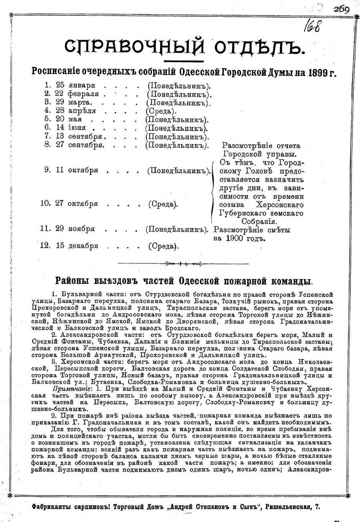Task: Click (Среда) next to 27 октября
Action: click(163, 203)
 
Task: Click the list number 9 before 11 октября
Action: click(48, 170)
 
